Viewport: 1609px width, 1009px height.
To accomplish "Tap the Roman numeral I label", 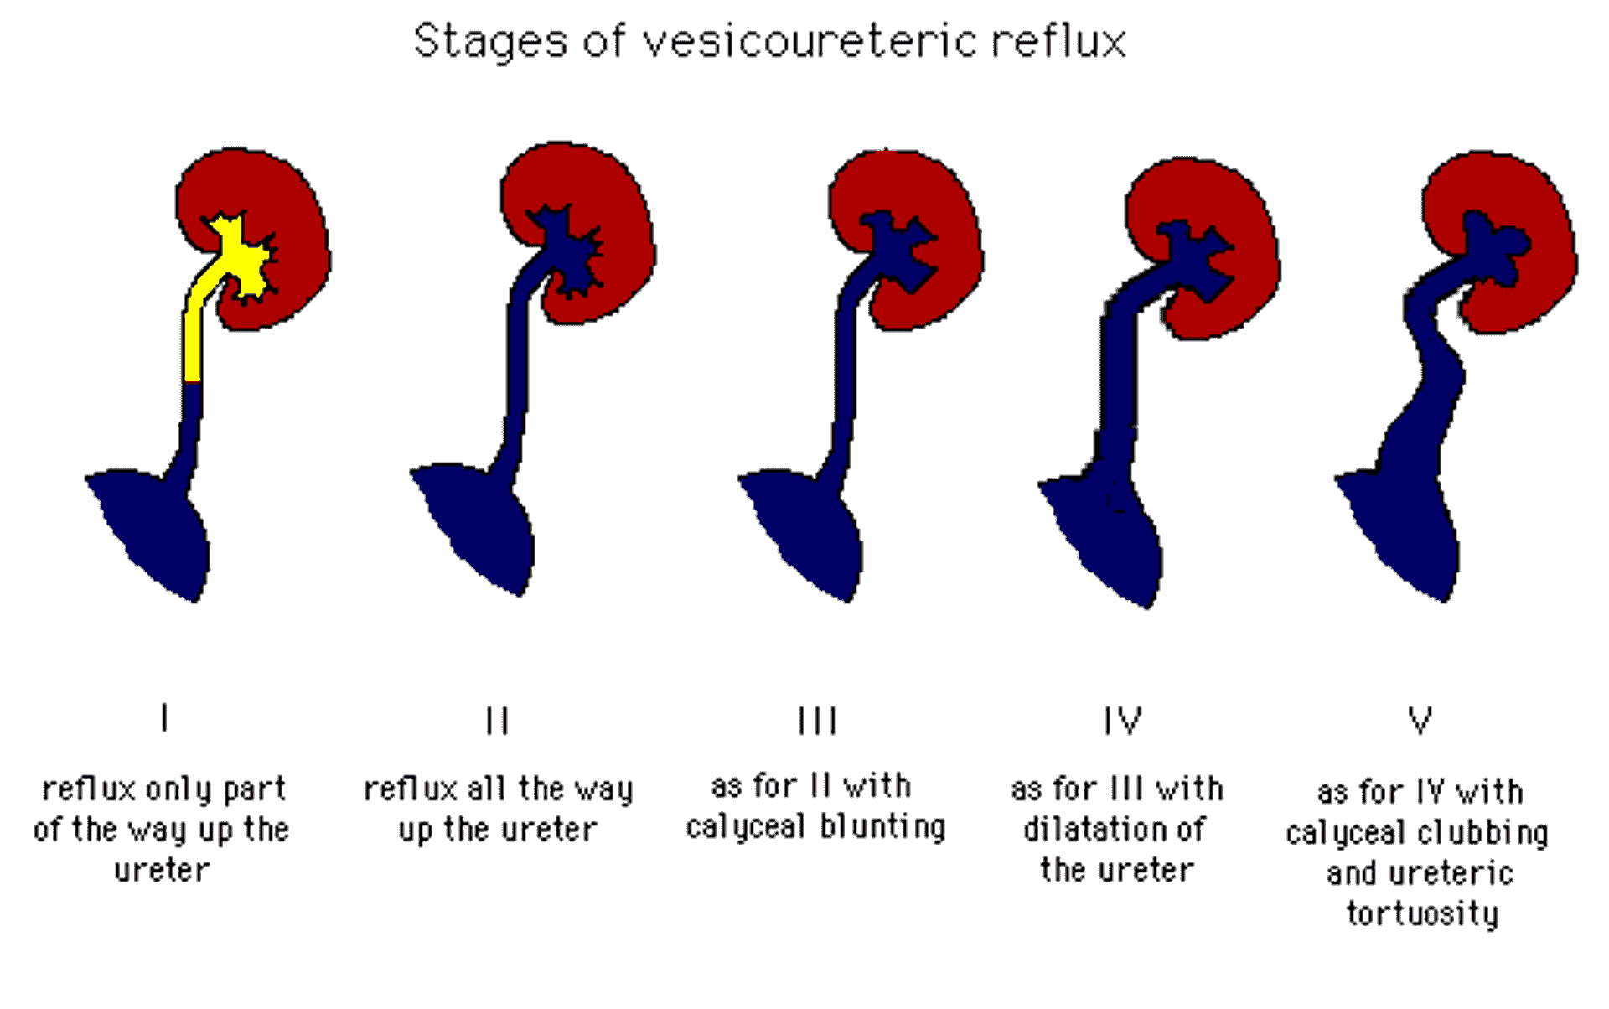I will pyautogui.click(x=165, y=718).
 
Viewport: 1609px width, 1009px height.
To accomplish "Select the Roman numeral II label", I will pyautogui.click(x=497, y=720).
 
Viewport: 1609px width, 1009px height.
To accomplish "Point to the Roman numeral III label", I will pyautogui.click(x=817, y=720).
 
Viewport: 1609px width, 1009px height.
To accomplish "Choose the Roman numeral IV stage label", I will pyautogui.click(x=1122, y=720).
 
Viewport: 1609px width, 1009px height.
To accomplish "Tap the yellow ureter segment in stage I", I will pyautogui.click(x=193, y=344).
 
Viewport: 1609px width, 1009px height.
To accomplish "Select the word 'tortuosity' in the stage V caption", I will pyautogui.click(x=1422, y=913).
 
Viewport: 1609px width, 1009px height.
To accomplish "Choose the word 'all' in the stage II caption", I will pyautogui.click(x=487, y=789).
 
